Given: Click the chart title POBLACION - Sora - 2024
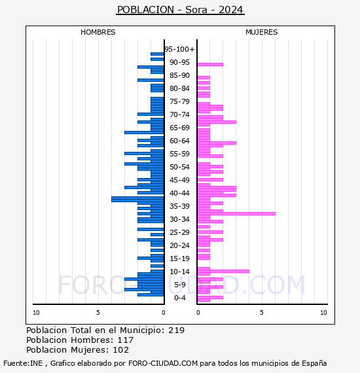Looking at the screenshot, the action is (180, 10).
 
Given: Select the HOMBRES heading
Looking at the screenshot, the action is (98, 32).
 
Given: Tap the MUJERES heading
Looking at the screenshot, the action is (262, 32).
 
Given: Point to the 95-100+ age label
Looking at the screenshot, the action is (179, 49).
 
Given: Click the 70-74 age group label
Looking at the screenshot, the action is (179, 115).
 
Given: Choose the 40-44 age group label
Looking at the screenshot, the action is (179, 193).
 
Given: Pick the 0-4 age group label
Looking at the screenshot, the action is (180, 298).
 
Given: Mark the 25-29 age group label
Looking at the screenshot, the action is (179, 232).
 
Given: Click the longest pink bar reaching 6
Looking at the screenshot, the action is (236, 213).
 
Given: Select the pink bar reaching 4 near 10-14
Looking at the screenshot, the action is (223, 271).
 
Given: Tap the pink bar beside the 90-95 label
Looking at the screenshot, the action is (210, 65).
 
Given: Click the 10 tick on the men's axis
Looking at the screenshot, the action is (36, 313).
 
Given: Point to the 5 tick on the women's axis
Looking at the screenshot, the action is (262, 313).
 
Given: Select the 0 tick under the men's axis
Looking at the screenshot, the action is (164, 313).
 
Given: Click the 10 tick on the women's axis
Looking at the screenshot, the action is (323, 313).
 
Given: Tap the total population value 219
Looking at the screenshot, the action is (176, 330).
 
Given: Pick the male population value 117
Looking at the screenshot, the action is (126, 340).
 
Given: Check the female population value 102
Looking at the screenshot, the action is (121, 349).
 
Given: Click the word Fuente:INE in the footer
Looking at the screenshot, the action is (23, 363).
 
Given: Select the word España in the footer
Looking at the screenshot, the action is (314, 363).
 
